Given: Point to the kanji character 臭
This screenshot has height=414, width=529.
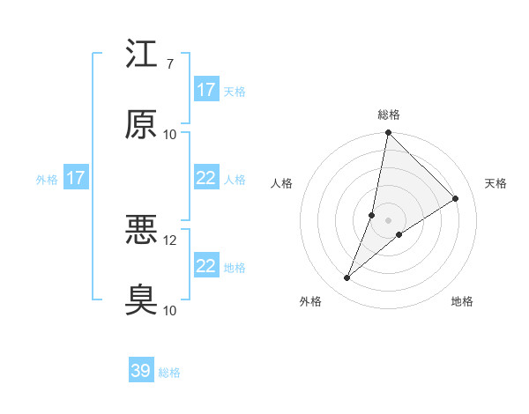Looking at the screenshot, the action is click(x=141, y=299).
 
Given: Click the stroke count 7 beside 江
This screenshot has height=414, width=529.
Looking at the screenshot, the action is click(x=169, y=64).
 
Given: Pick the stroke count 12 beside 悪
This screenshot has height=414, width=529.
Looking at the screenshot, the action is click(x=170, y=240).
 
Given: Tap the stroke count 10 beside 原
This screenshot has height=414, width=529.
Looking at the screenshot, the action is click(x=170, y=134).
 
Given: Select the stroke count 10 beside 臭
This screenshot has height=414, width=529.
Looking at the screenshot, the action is click(x=170, y=310).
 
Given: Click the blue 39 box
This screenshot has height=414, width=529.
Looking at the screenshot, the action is click(x=141, y=371).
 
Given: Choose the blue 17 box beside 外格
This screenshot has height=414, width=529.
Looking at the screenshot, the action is click(x=76, y=178).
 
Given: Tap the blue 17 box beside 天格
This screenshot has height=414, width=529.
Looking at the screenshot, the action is click(x=205, y=89).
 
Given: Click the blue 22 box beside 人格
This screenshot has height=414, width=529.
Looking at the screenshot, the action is click(x=205, y=178).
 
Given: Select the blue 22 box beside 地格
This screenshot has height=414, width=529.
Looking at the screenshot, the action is click(x=205, y=266).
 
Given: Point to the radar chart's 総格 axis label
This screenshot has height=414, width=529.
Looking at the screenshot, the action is click(x=389, y=115).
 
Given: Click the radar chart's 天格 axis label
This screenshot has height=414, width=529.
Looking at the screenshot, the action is click(x=496, y=183).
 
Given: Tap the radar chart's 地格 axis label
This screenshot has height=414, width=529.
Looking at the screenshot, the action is click(x=462, y=301).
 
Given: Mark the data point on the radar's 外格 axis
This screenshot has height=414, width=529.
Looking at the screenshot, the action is click(x=347, y=278).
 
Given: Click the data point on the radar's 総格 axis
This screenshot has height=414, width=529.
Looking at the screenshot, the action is click(x=388, y=133).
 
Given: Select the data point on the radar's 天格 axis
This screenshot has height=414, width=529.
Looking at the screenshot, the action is click(x=456, y=199).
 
